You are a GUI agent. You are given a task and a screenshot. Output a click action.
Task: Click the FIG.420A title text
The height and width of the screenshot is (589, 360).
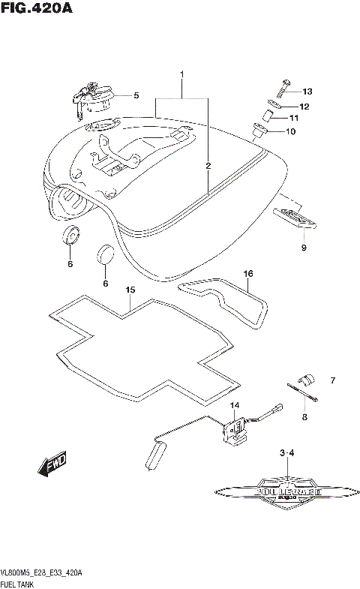tap(37, 11)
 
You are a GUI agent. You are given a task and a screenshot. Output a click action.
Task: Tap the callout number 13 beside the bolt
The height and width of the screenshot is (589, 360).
tap(307, 91)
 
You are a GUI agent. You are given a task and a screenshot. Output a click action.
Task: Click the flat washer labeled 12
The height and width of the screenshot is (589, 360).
tap(275, 106)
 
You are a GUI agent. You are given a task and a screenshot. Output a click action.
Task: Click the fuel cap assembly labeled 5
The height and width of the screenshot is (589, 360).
tap(94, 98)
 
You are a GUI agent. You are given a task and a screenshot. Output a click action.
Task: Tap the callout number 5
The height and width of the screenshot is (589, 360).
tap(136, 95)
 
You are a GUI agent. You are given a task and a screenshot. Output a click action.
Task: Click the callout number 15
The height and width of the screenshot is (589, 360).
tap(130, 290)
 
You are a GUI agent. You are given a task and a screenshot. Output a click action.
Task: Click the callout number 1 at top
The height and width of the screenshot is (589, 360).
tap(181, 74)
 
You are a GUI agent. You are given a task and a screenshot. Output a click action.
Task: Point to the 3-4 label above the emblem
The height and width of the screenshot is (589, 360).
tap(287, 453)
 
